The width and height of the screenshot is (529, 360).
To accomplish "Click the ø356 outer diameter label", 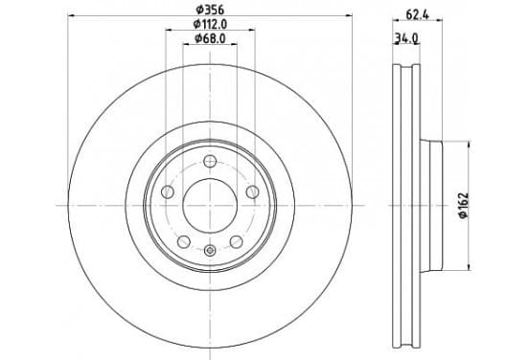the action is [210, 10].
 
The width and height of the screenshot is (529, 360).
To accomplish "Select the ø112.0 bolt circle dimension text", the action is [210, 24].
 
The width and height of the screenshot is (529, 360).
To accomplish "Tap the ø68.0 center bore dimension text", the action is [210, 38].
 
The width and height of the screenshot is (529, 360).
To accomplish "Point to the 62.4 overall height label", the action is [417, 14].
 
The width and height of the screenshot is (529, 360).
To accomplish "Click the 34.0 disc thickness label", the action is [406, 38].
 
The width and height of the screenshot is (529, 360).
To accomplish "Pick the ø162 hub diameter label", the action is [464, 205].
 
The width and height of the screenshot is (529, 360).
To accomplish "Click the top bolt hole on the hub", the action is [210, 161].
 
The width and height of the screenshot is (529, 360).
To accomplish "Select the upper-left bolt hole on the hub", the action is [168, 192].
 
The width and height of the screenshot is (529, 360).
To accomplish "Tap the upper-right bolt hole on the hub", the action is [252, 192].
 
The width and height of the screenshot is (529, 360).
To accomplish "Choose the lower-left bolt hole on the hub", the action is [184, 241].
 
